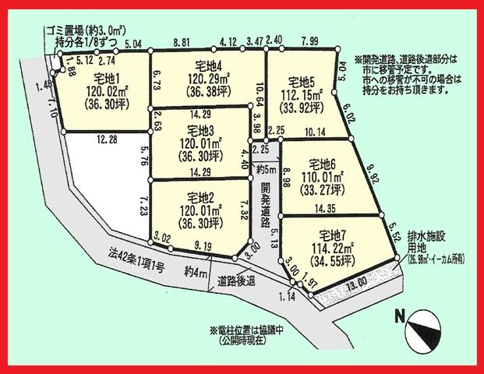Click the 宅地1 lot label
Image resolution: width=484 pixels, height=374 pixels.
pos(108,79)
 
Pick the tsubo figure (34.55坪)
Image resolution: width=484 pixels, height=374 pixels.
pos(337,259)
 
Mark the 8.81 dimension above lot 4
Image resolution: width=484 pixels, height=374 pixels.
pos(182,46)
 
